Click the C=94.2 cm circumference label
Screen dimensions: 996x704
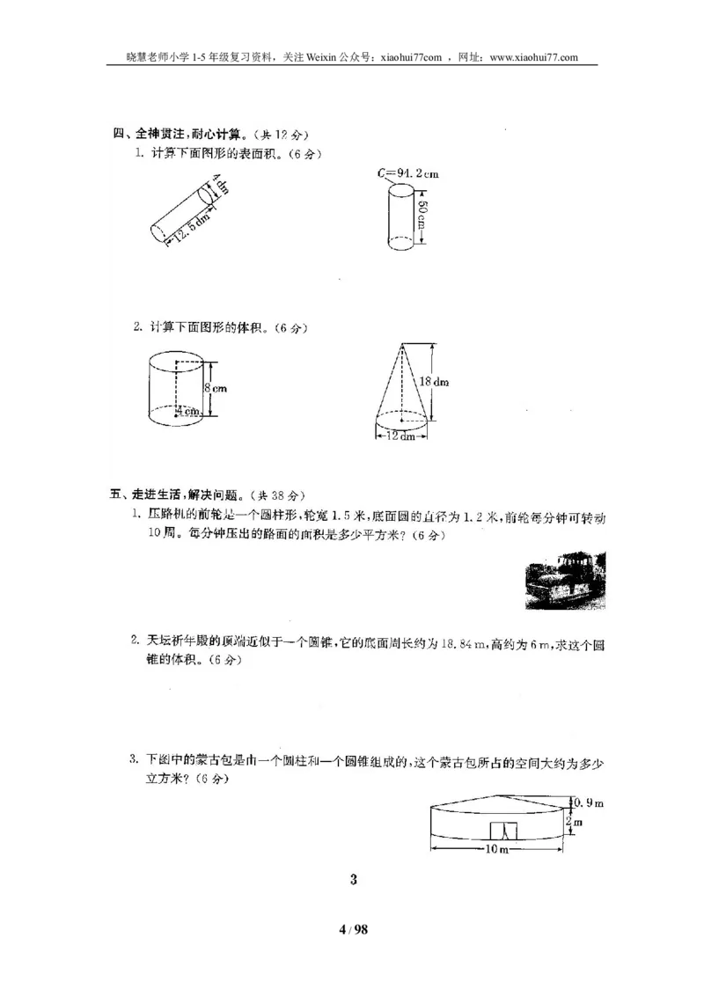(408, 173)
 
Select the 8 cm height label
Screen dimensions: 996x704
(216, 387)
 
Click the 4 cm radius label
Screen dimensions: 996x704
(187, 411)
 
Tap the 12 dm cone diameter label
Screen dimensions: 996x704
(401, 437)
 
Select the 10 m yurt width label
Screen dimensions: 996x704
(498, 849)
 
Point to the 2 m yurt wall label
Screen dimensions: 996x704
(577, 823)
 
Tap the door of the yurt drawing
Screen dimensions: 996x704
(502, 831)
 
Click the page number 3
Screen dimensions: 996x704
(353, 879)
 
